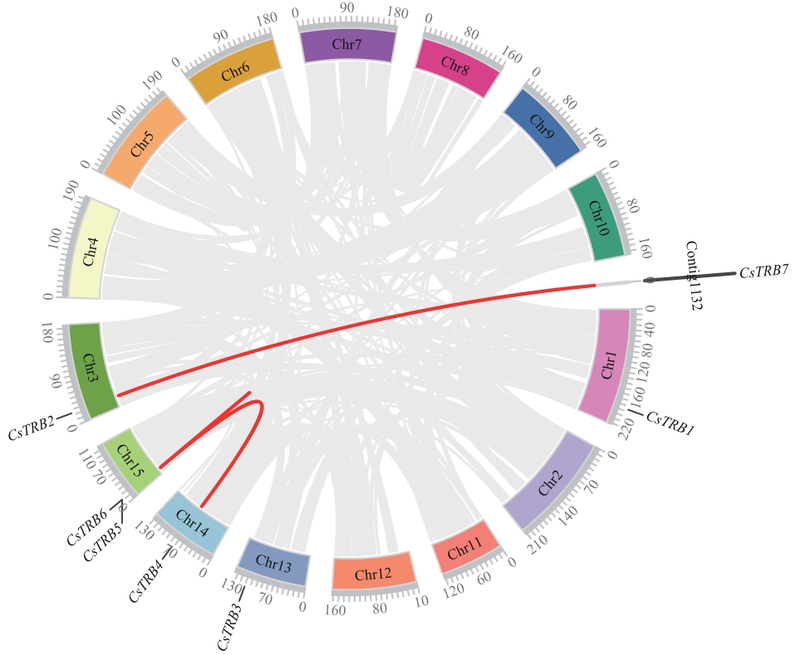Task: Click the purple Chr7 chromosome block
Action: pos(346,46)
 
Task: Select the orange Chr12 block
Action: pos(372,572)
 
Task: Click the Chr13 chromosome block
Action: pos(274,562)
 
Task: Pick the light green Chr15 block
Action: pos(129,457)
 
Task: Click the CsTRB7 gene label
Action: pos(763,271)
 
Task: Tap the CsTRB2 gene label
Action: pos(31,431)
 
